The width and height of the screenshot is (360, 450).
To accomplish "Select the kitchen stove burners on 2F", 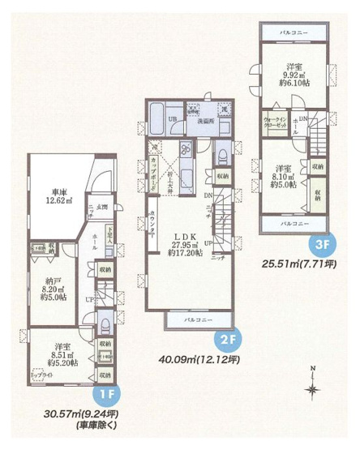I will (185, 149).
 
